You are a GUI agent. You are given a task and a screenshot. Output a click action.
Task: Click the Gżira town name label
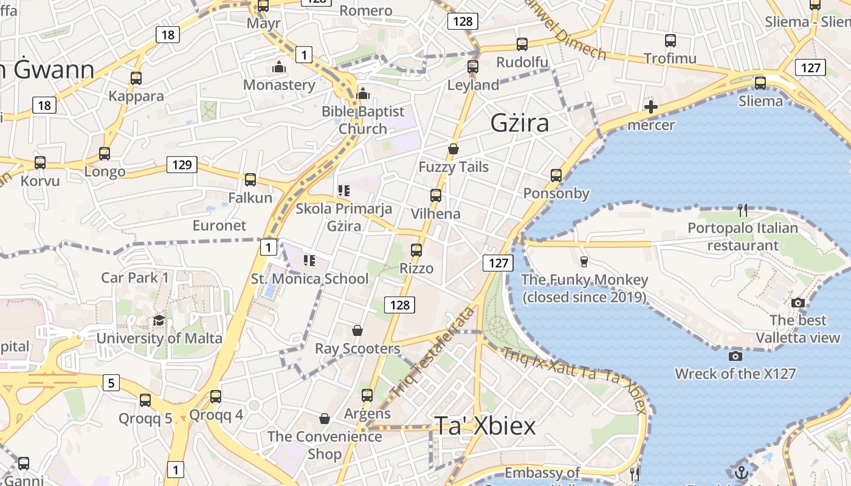520,123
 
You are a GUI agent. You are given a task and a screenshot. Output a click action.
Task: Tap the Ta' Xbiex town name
485,426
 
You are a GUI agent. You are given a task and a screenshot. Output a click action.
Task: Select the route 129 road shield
182,165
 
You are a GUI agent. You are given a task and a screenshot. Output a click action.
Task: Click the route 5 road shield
111,383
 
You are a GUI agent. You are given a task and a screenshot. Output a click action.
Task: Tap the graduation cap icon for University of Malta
159,320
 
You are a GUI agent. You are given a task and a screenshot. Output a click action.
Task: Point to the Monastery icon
279,66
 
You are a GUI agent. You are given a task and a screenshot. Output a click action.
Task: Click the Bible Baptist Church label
363,120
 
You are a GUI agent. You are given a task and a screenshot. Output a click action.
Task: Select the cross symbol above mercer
650,108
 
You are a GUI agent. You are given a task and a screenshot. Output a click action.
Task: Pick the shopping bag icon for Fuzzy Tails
453,149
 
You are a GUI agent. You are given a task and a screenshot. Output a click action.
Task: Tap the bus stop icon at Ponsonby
556,176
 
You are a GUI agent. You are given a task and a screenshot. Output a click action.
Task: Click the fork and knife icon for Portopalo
742,210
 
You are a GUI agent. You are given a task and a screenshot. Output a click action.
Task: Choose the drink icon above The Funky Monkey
584,261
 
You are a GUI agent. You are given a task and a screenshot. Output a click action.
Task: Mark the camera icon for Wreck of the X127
735,356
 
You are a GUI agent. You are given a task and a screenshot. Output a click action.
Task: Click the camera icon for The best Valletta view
798,303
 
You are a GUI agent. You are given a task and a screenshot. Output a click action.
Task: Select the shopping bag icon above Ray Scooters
357,330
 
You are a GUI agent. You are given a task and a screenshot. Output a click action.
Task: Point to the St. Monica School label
309,279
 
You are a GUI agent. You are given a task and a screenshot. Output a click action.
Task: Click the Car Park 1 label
135,278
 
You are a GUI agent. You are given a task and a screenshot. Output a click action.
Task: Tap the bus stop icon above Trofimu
670,41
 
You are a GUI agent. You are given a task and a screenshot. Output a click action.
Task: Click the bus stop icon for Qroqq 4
216,397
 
